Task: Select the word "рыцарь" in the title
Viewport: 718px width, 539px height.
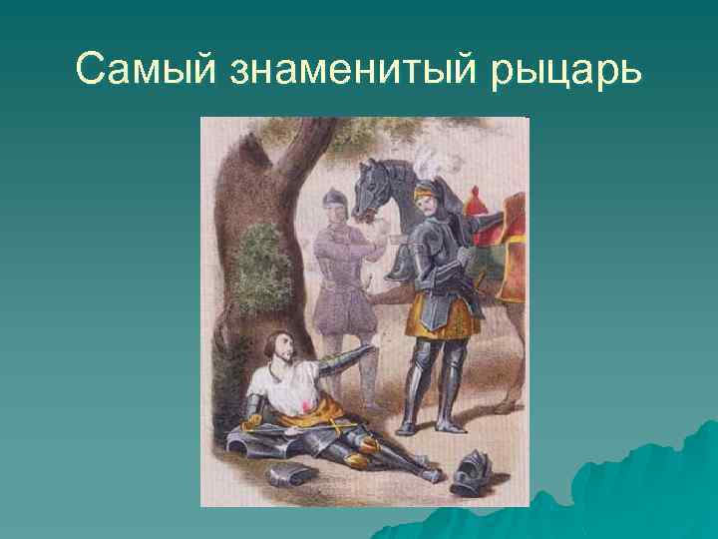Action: click(562, 69)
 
